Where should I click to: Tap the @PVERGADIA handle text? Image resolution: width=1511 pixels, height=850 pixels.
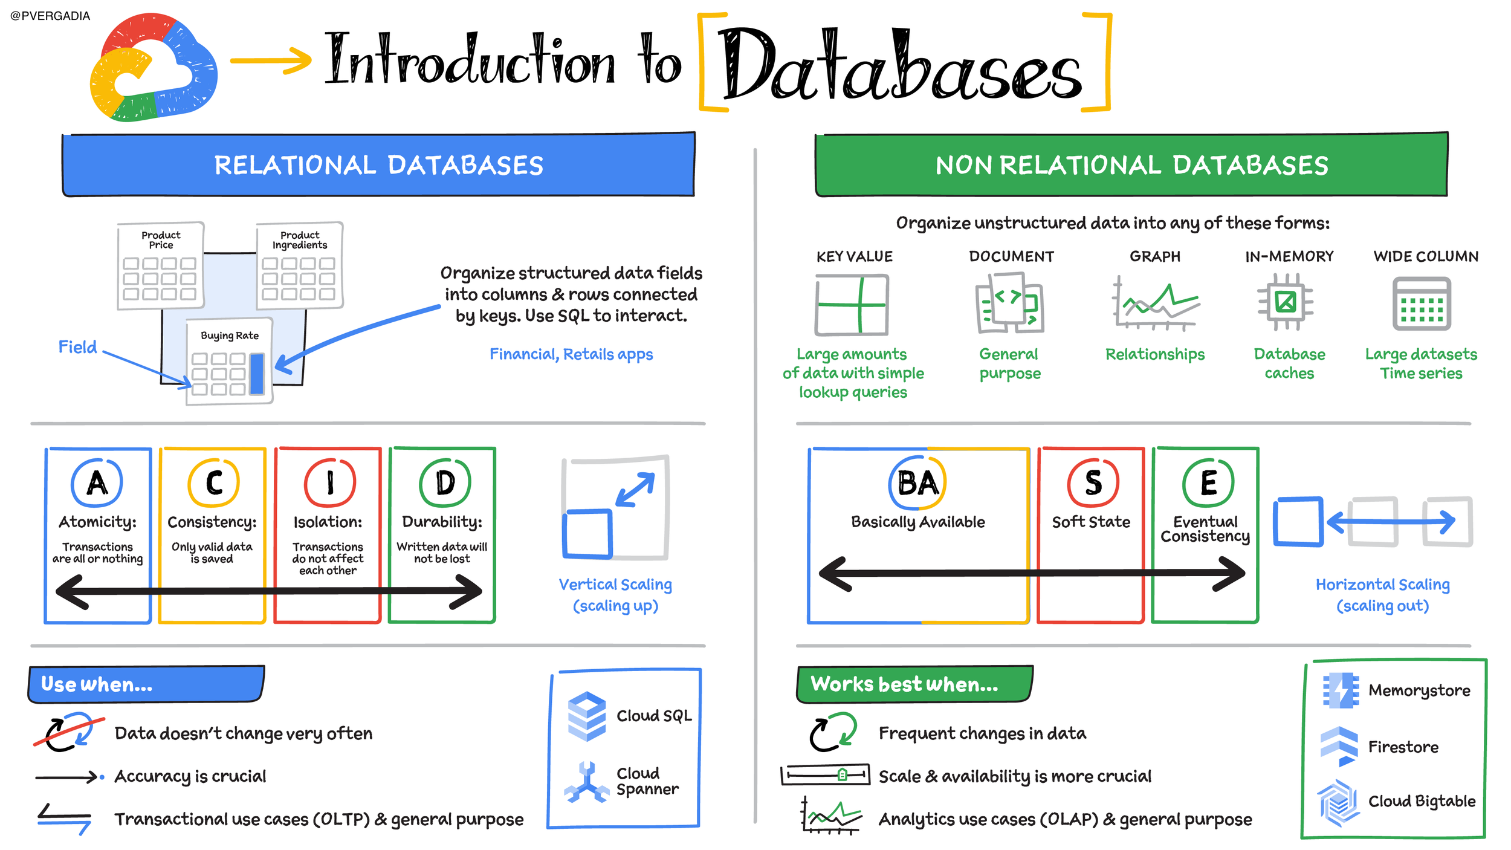[50, 16]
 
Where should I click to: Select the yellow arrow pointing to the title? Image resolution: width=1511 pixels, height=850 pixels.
[271, 60]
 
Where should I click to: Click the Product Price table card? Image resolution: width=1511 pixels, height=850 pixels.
[161, 265]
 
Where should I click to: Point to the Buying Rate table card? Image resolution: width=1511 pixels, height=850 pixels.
[230, 361]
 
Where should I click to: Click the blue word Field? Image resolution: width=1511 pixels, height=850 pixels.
[77, 347]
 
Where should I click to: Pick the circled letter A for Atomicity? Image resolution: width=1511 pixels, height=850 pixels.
[97, 482]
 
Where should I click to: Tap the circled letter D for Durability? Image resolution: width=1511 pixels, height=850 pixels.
[445, 482]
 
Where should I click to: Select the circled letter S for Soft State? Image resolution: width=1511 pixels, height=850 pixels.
[1093, 482]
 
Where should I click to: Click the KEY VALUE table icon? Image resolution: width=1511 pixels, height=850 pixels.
[852, 305]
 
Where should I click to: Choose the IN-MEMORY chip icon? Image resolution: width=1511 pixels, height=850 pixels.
[1286, 302]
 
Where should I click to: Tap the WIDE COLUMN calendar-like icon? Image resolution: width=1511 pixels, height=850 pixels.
[1422, 303]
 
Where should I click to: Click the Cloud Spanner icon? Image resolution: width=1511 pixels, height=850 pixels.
[586, 782]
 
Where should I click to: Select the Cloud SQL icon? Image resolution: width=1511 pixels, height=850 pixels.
[586, 716]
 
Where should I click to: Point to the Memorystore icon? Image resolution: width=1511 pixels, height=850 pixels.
[1341, 690]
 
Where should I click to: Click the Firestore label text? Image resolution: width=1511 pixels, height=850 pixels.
[1403, 747]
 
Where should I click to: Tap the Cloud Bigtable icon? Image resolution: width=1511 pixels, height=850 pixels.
[1339, 803]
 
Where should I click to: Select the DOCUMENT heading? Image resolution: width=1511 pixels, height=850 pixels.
[1011, 256]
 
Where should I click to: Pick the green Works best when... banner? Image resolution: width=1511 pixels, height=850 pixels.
[915, 684]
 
